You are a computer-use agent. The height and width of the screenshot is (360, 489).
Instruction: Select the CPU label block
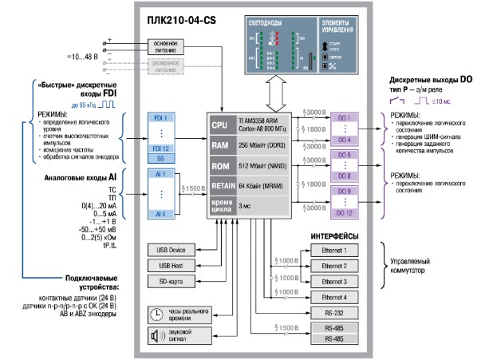[x=219, y=126]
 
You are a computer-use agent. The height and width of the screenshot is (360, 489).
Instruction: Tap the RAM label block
[x=219, y=146]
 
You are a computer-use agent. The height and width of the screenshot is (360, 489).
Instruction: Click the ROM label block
[x=219, y=166]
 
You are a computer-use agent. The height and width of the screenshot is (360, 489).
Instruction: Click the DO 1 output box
[x=345, y=118]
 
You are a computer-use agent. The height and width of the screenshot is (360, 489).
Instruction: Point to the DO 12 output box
[x=345, y=213]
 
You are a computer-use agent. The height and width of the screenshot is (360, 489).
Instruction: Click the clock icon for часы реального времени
[x=155, y=314]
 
